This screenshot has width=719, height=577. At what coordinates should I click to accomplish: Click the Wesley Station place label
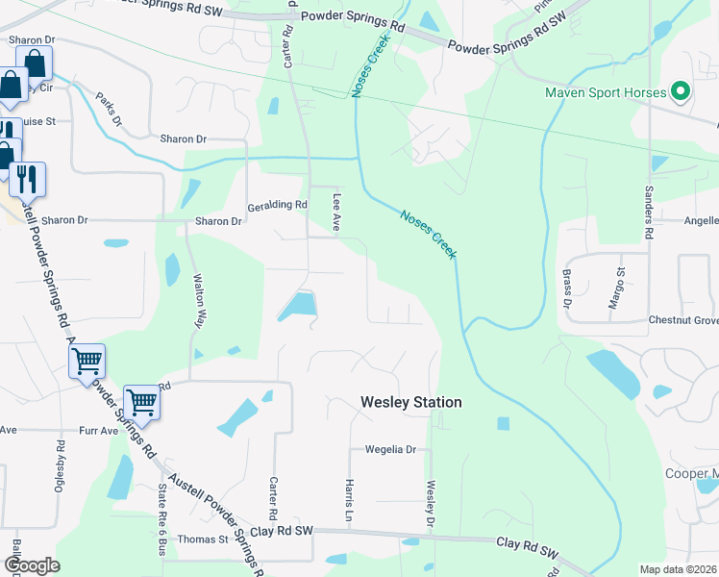(410, 402)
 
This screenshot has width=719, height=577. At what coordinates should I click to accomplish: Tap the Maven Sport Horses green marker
(681, 92)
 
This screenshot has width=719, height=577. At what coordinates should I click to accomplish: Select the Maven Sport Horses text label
(606, 92)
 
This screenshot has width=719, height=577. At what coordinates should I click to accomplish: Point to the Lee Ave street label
(337, 208)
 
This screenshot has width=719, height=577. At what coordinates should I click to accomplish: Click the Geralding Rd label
(277, 205)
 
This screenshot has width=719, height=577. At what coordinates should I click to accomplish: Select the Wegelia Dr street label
(389, 449)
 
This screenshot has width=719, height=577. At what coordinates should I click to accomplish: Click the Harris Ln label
(350, 495)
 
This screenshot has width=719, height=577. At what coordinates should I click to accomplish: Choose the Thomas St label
(202, 539)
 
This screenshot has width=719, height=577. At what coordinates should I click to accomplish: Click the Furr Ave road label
(98, 431)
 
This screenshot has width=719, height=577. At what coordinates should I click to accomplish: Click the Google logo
(32, 565)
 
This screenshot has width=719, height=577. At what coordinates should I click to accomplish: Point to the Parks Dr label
(109, 109)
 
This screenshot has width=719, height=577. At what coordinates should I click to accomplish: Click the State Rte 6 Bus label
(161, 519)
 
